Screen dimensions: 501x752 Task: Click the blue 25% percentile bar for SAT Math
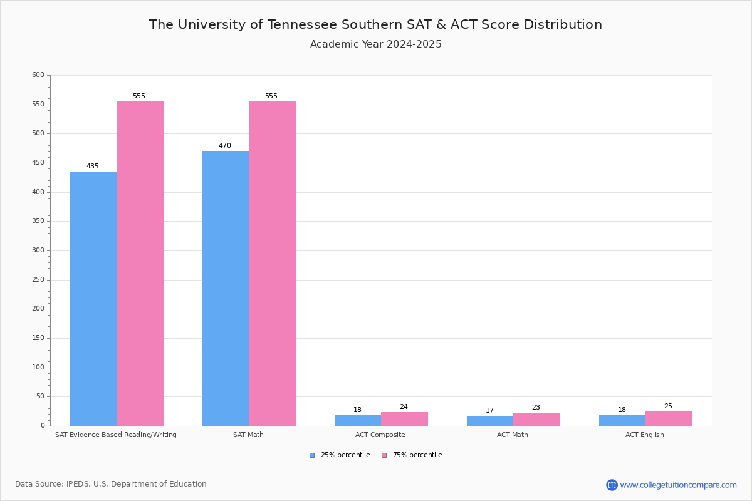(226, 288)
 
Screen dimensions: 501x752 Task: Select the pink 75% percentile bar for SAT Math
(272, 263)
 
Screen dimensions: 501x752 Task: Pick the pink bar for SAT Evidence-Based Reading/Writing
(140, 263)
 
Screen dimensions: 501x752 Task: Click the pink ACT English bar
(669, 418)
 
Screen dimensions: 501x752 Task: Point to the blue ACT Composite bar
(358, 420)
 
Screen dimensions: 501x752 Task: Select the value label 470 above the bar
(225, 146)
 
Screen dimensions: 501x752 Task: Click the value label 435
(93, 167)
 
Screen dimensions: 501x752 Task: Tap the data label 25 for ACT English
(668, 406)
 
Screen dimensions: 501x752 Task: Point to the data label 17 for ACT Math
(489, 411)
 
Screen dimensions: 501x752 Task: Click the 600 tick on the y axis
(38, 75)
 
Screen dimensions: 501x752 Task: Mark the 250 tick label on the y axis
(38, 280)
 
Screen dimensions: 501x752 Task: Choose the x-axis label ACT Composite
(380, 435)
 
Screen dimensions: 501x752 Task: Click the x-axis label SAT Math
(248, 435)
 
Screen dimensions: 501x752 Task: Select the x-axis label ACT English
(645, 435)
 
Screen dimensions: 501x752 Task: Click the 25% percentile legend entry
(345, 455)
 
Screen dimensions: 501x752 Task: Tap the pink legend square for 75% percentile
(384, 455)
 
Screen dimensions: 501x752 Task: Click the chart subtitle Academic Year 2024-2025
(376, 44)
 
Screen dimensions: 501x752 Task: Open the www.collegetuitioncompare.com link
(678, 485)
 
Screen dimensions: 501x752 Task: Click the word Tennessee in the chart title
(303, 24)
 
